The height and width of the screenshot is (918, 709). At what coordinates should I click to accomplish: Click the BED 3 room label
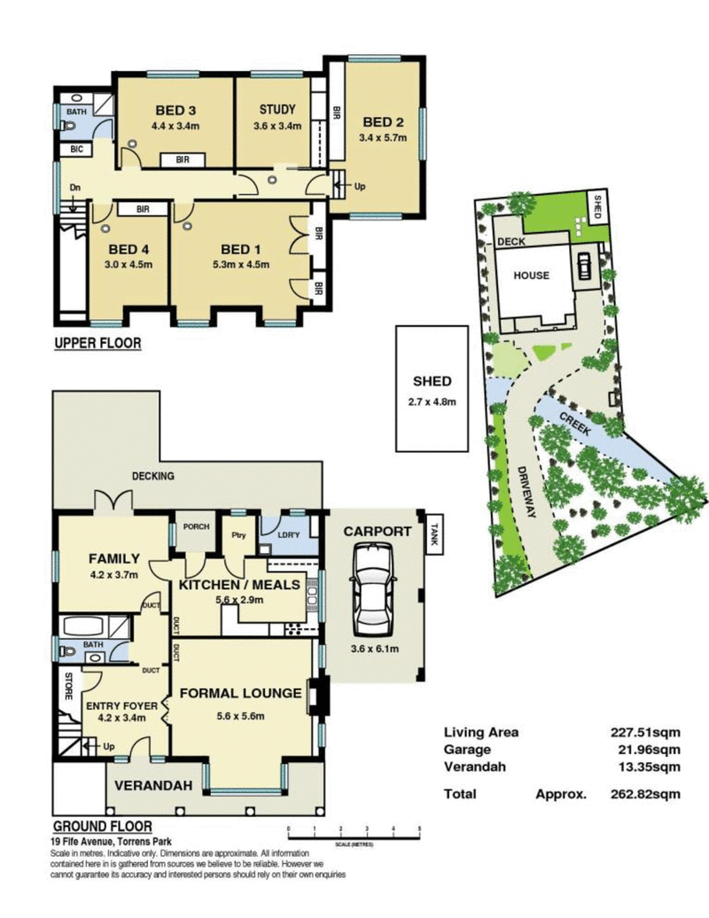[175, 111]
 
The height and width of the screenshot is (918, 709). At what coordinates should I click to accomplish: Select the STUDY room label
[277, 110]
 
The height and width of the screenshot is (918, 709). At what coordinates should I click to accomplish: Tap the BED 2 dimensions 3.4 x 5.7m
[382, 137]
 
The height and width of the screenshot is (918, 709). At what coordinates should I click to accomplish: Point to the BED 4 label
[125, 249]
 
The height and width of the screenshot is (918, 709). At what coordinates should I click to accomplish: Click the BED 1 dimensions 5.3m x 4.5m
[239, 264]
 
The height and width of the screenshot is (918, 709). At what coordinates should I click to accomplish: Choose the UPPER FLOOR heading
[97, 343]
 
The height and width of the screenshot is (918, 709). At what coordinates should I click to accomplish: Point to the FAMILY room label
[113, 558]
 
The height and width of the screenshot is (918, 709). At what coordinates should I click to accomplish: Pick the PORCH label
[195, 526]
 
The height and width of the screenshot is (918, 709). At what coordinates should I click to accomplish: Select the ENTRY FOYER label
[122, 705]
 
